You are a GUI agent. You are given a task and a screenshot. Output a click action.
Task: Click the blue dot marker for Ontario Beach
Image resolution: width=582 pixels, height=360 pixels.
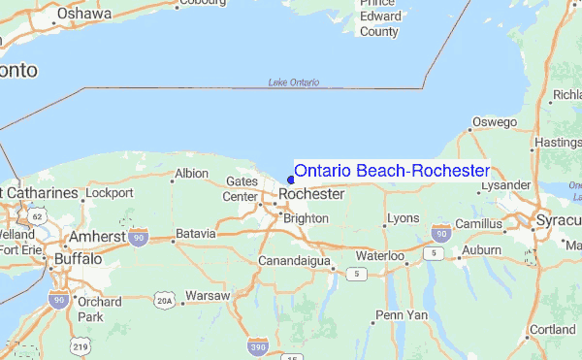tap(291, 179)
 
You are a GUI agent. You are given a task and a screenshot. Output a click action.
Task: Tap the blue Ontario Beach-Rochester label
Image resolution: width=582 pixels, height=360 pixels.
tap(392, 171)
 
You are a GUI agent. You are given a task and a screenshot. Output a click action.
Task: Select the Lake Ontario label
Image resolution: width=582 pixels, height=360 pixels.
tap(293, 82)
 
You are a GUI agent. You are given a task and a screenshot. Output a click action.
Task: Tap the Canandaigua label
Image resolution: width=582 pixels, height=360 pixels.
tap(295, 261)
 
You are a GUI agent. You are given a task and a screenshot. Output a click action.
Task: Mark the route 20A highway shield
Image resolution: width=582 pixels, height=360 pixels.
tap(166, 299)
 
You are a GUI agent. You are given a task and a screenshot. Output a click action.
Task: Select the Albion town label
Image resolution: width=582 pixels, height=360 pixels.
tap(190, 174)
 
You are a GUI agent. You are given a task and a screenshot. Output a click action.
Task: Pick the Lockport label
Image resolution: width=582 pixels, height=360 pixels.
tap(108, 193)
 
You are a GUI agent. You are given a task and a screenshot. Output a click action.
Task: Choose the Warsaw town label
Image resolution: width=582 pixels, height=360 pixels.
tap(208, 295)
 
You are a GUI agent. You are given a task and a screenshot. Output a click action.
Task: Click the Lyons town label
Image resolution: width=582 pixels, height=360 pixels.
tap(403, 217)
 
